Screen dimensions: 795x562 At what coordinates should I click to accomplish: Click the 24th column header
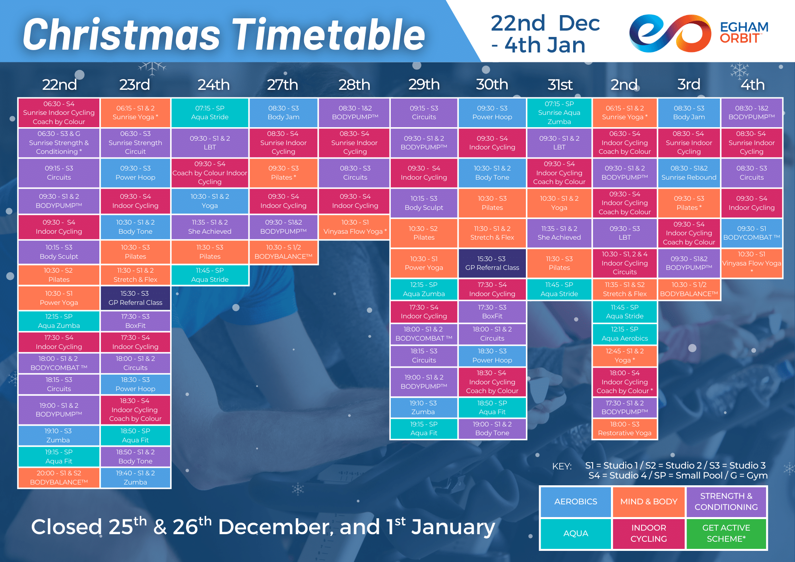tap(214, 85)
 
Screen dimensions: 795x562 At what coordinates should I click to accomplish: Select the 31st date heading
tap(560, 85)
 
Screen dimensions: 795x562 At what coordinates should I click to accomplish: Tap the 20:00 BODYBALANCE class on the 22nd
tap(59, 477)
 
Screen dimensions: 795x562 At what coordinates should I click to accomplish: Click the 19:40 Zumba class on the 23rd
tap(135, 477)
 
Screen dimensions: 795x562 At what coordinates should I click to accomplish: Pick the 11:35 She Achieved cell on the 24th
tap(209, 227)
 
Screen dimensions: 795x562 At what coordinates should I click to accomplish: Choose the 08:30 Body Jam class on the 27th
tap(283, 112)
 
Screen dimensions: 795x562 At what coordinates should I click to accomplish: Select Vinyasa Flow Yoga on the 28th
tap(355, 227)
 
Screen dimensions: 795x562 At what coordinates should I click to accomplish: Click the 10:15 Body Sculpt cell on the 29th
tap(424, 203)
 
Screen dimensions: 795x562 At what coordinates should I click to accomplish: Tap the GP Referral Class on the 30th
tap(492, 263)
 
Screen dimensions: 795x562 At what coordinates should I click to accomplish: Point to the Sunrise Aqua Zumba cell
tap(559, 112)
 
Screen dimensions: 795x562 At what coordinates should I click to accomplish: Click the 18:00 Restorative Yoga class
tap(624, 428)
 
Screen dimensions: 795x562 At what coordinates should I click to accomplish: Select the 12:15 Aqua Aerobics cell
tap(624, 334)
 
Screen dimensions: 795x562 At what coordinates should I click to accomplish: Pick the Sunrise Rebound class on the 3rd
tap(689, 173)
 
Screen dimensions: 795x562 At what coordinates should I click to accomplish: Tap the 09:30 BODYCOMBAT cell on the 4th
tap(752, 233)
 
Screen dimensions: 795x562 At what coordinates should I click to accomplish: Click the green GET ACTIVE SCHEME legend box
tap(726, 533)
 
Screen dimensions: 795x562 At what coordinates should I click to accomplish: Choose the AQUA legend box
tap(576, 533)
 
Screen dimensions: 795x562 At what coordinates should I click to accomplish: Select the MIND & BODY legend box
tap(649, 502)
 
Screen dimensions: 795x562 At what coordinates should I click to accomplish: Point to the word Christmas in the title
tap(122, 35)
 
